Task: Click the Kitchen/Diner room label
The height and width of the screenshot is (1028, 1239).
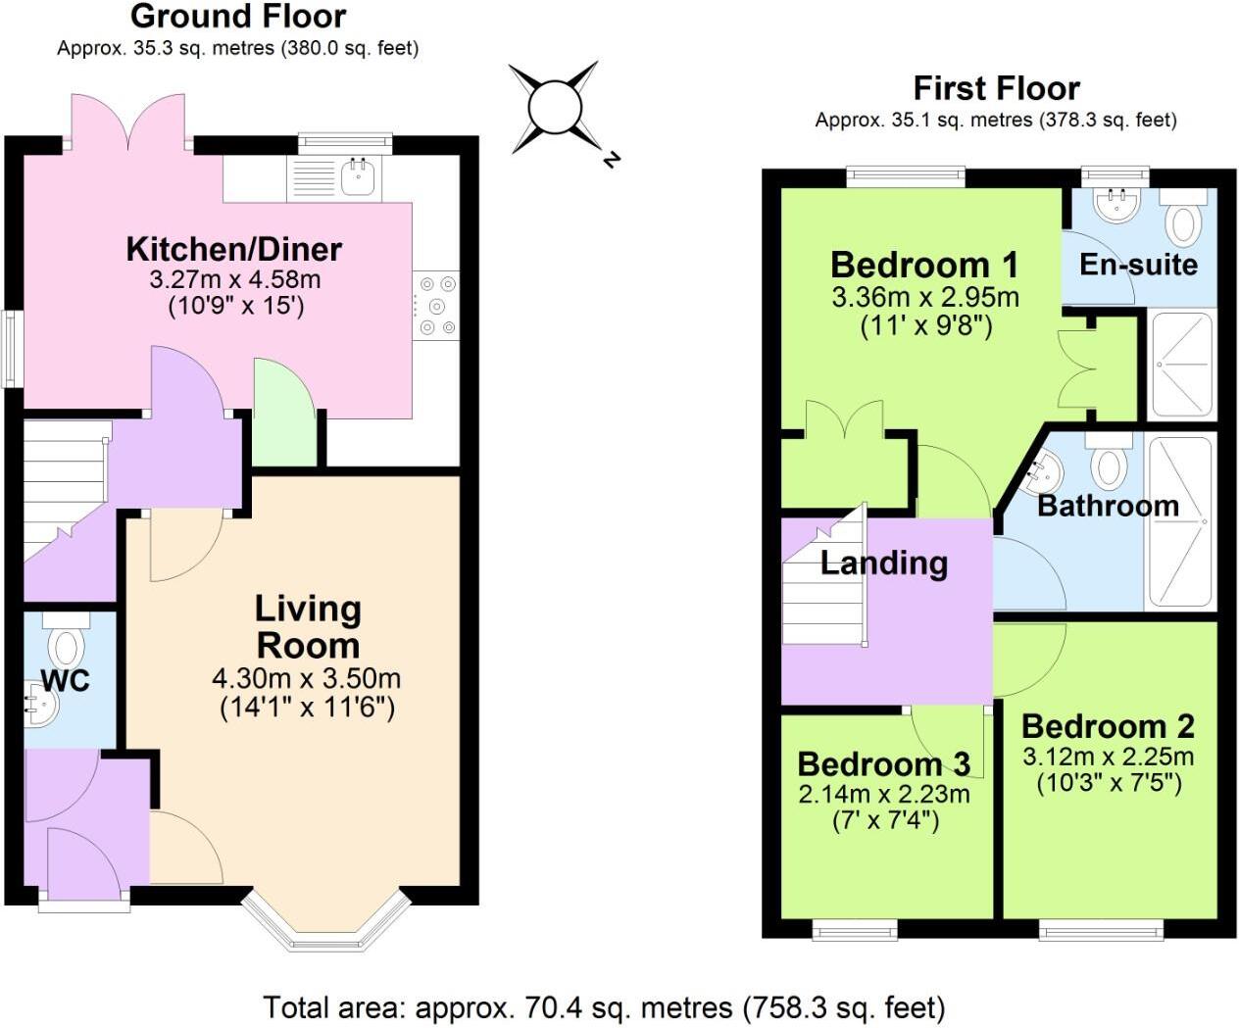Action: (x=233, y=249)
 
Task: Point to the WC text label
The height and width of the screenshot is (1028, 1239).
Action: (x=65, y=681)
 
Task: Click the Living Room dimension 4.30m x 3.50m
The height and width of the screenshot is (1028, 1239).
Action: (x=306, y=678)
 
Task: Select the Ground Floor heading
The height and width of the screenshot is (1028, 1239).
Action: (x=237, y=17)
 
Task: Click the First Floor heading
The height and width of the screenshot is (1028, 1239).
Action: (x=996, y=88)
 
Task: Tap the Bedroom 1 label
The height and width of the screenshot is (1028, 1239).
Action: (x=924, y=265)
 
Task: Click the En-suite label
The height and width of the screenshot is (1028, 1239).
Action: (x=1138, y=265)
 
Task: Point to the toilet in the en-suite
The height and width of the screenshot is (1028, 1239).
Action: (x=1183, y=220)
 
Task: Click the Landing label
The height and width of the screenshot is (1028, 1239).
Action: (x=883, y=563)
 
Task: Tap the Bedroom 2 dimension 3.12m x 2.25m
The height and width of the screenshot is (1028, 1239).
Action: (x=1108, y=757)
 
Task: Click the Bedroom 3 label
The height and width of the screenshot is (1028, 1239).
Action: (x=883, y=763)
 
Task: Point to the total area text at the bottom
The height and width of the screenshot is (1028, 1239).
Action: (x=604, y=1007)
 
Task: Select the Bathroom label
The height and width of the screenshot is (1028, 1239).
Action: (x=1108, y=506)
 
